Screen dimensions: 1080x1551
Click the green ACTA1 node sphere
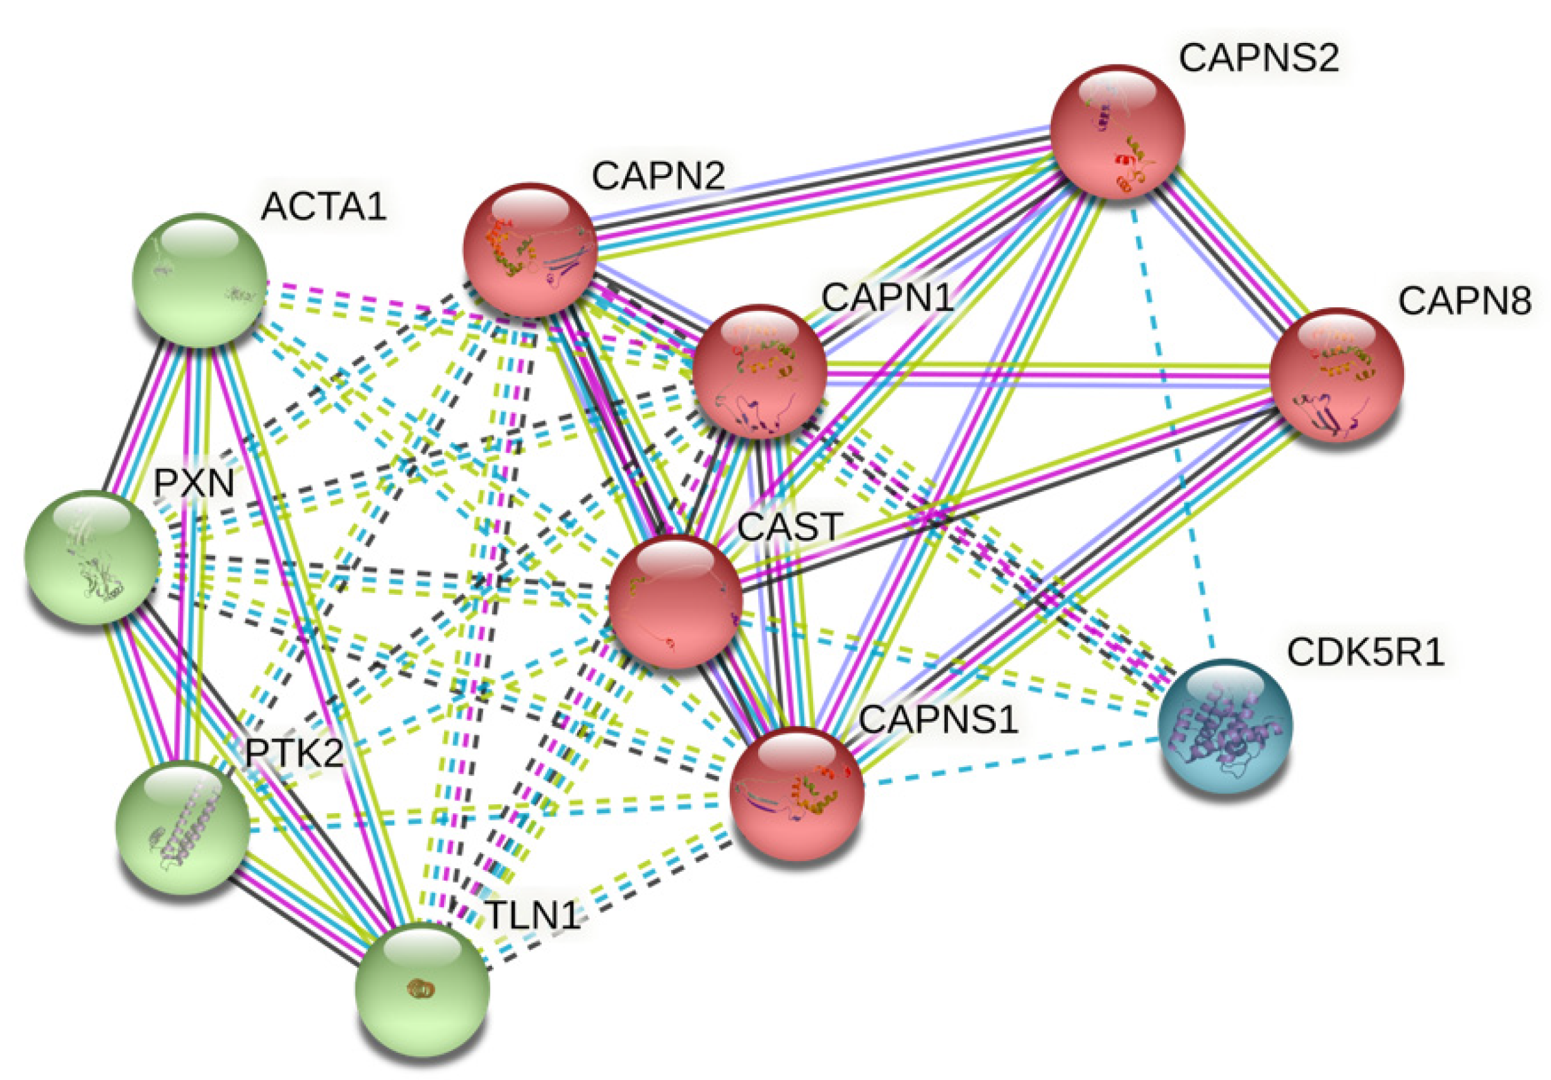point(199,280)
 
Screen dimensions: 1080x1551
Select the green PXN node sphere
point(91,557)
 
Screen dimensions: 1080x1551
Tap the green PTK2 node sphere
point(182,828)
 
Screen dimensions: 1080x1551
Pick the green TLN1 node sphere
point(422,990)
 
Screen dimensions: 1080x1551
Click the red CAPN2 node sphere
point(530,249)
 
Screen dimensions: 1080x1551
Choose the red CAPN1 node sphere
point(759,372)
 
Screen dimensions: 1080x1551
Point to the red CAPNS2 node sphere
point(1117,132)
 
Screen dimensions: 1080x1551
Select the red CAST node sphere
point(675,601)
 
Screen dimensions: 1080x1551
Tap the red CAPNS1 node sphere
point(797,794)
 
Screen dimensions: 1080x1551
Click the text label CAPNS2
point(1258,59)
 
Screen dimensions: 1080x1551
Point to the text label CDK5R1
point(1365,653)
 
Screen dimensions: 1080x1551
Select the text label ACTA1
point(323,207)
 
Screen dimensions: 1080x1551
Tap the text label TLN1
point(533,916)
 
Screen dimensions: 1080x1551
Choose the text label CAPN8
point(1465,302)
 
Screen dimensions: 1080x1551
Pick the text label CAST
point(790,527)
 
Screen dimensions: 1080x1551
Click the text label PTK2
point(294,753)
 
